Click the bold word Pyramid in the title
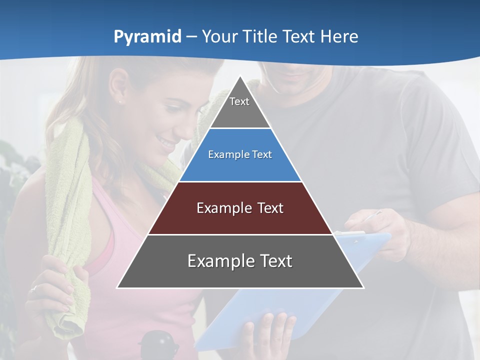147,37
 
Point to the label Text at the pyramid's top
239,101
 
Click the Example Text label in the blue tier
240,154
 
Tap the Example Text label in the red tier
240,208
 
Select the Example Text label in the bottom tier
240,261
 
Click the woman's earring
120,102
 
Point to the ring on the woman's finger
33,289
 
